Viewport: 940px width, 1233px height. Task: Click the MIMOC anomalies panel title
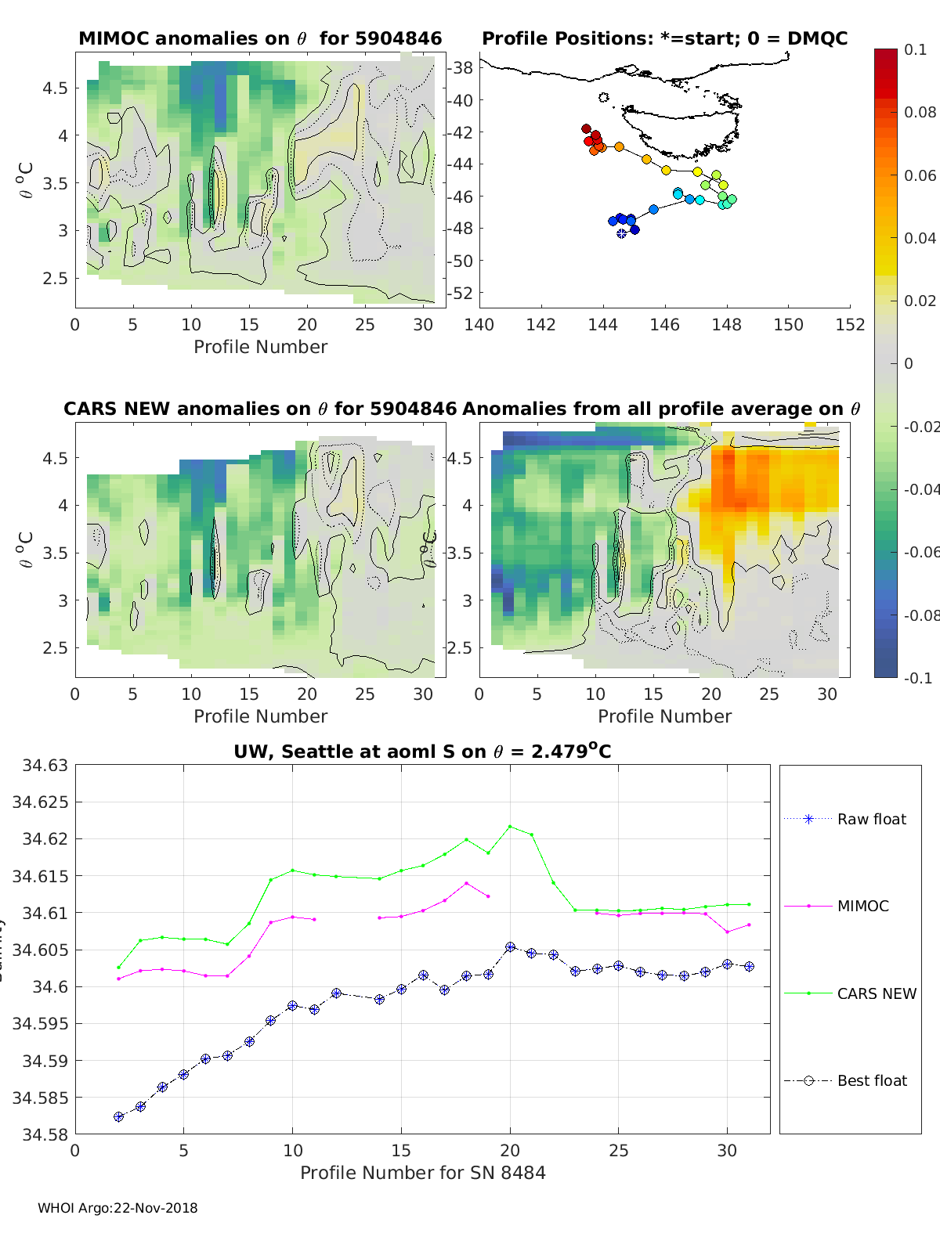(x=260, y=38)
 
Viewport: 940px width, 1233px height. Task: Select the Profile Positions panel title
(x=664, y=38)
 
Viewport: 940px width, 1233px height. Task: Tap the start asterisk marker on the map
(x=621, y=233)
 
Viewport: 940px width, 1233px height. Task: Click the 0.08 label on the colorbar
(x=920, y=112)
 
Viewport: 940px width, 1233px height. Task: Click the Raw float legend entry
(x=871, y=819)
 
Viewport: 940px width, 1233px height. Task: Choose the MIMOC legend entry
(x=862, y=906)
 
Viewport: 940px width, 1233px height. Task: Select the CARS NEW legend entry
(x=876, y=993)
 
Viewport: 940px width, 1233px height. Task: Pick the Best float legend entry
(x=871, y=1080)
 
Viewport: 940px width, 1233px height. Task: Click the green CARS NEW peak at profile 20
(x=510, y=826)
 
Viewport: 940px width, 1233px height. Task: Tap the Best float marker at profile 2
(x=118, y=1116)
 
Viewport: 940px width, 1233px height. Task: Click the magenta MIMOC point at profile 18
(x=466, y=883)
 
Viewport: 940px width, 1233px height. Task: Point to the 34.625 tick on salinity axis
(x=39, y=802)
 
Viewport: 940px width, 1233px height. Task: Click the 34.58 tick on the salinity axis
(x=42, y=1134)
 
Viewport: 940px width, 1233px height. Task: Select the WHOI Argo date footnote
(x=117, y=1208)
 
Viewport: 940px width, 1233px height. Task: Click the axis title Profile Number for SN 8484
(x=422, y=1173)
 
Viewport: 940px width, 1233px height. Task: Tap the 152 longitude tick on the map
(x=850, y=325)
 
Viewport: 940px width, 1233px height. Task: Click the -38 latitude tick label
(x=461, y=68)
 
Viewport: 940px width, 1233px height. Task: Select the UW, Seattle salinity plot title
(x=422, y=752)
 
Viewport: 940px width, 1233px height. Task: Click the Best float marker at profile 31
(x=749, y=966)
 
